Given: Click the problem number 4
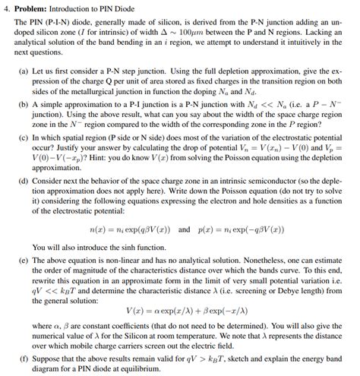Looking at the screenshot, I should point(6,8).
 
